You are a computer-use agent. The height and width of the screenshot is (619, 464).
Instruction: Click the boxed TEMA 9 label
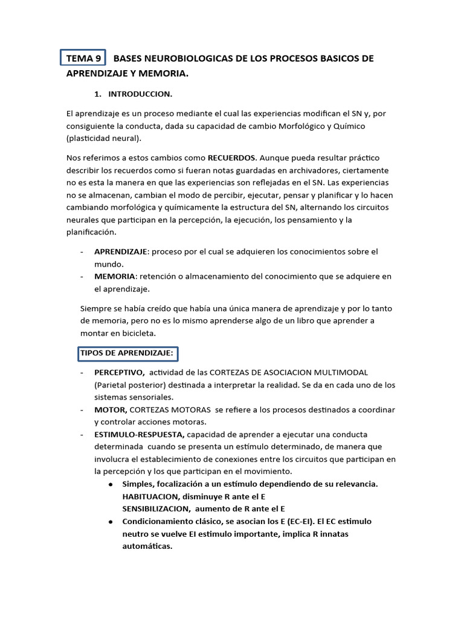point(83,58)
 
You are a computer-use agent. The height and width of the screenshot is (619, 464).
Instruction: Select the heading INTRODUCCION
point(140,94)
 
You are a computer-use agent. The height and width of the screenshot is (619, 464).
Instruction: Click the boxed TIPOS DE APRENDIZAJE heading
point(127,353)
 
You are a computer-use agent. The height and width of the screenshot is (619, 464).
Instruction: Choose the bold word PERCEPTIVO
point(119,372)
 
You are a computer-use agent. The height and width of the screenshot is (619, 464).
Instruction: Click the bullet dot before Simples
point(111,484)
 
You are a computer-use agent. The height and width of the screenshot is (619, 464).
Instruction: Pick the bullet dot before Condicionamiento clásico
point(111,521)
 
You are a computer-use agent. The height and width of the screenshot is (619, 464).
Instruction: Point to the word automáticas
point(147,546)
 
